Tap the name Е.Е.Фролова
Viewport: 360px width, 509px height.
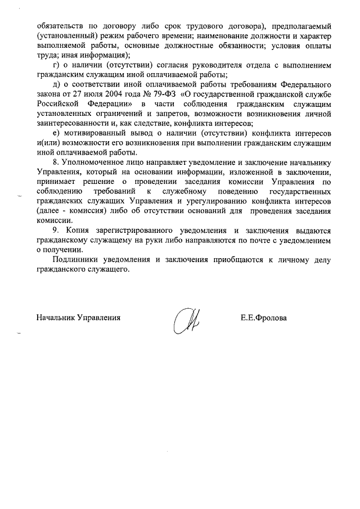coord(263,318)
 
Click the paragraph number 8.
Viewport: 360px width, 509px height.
coord(54,163)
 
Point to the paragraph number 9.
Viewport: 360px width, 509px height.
coord(54,231)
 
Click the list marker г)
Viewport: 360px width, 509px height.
coord(54,65)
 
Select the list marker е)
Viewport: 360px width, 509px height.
coord(54,133)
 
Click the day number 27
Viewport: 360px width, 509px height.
coord(74,94)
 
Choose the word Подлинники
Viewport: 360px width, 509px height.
coord(75,260)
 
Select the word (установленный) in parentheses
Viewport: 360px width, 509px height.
coord(65,36)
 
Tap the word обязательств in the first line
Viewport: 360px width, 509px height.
coord(60,26)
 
